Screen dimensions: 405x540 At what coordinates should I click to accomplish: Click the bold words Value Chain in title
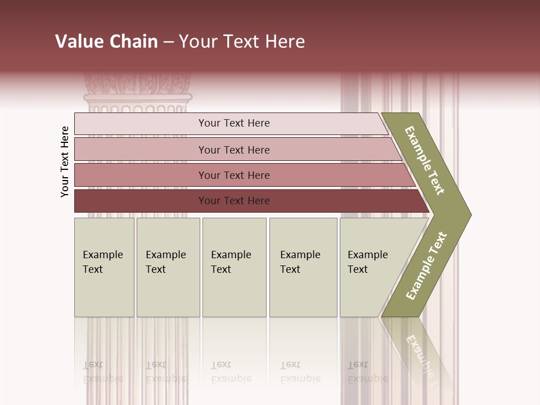coord(106,42)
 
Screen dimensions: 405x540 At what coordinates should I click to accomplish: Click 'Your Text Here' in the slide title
coord(242,42)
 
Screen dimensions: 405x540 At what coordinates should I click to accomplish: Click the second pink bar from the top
coord(234,150)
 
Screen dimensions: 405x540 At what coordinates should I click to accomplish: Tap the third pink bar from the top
coord(234,175)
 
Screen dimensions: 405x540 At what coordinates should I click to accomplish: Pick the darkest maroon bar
coord(234,201)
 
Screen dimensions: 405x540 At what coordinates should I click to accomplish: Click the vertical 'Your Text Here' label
coord(65,161)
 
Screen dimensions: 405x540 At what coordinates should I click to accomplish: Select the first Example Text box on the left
coord(104,267)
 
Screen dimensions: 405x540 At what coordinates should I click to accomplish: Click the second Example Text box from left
coord(168,267)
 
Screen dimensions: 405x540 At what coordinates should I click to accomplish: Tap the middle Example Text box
coord(234,267)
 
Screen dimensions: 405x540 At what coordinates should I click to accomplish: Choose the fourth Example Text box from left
coord(303,267)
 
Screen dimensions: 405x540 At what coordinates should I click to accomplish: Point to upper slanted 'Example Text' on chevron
coord(425,160)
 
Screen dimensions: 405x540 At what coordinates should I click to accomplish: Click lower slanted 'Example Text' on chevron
coord(426,266)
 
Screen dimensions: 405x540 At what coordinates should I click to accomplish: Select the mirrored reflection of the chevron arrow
coord(419,349)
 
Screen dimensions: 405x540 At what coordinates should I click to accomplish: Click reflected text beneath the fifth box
coord(367,372)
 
